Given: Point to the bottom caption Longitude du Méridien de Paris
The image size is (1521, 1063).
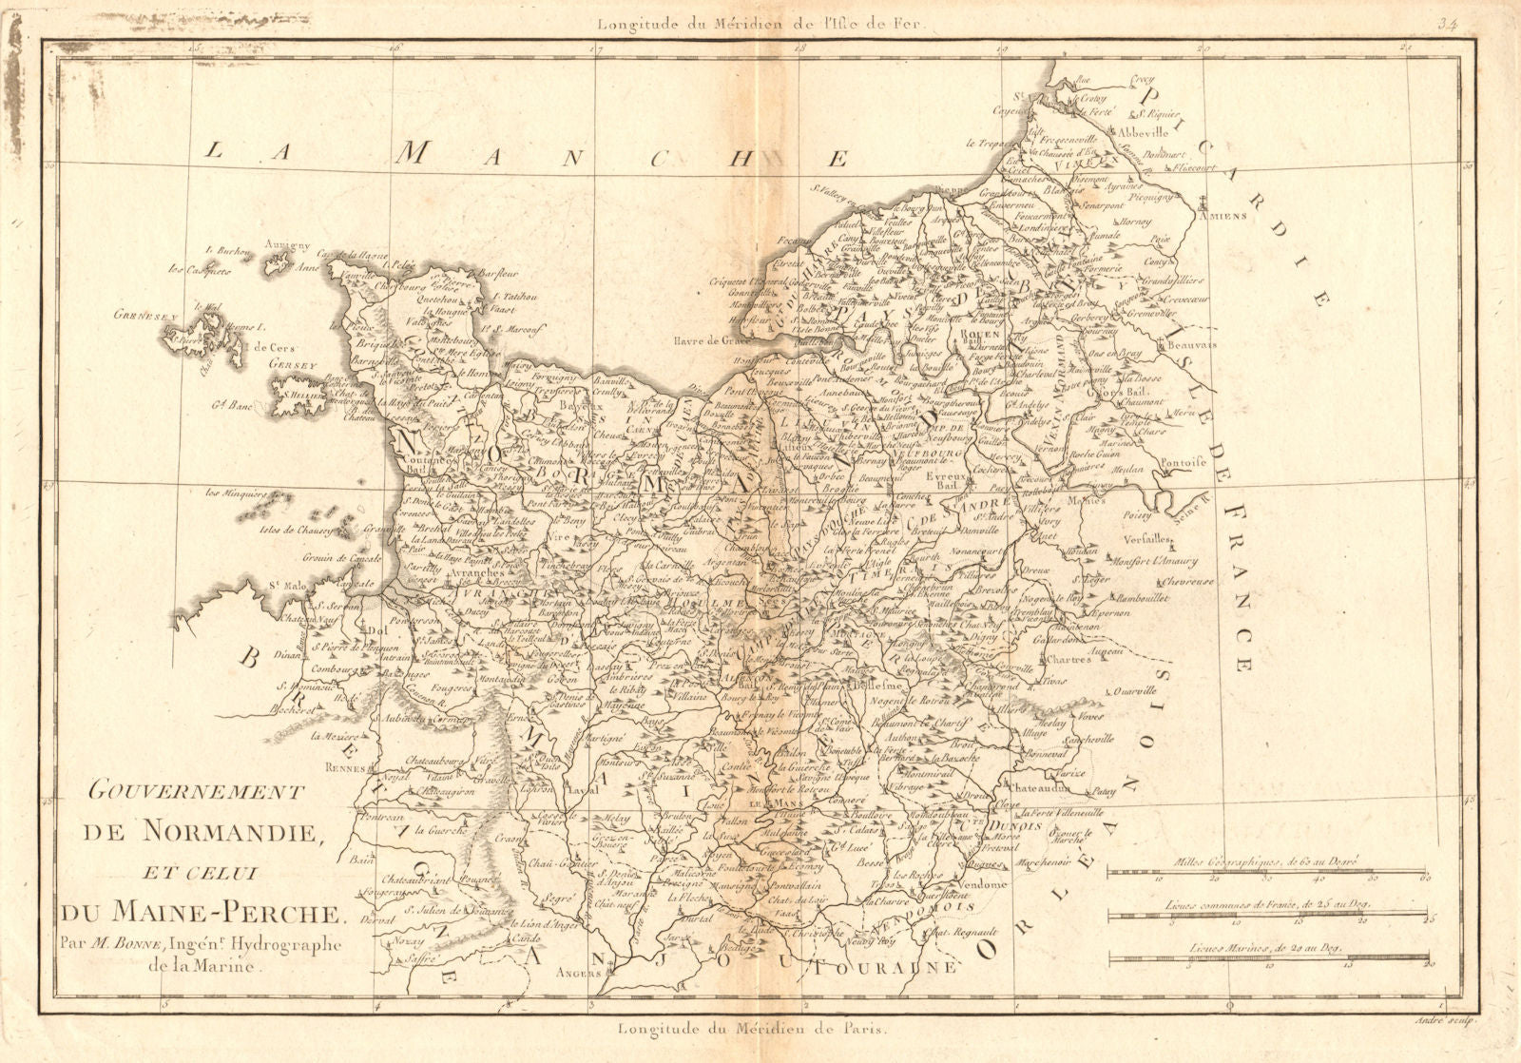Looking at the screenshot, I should [x=752, y=1029].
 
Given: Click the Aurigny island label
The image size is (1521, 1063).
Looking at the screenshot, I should [x=288, y=245].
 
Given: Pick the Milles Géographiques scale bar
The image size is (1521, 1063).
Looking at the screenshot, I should [x=1266, y=871].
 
